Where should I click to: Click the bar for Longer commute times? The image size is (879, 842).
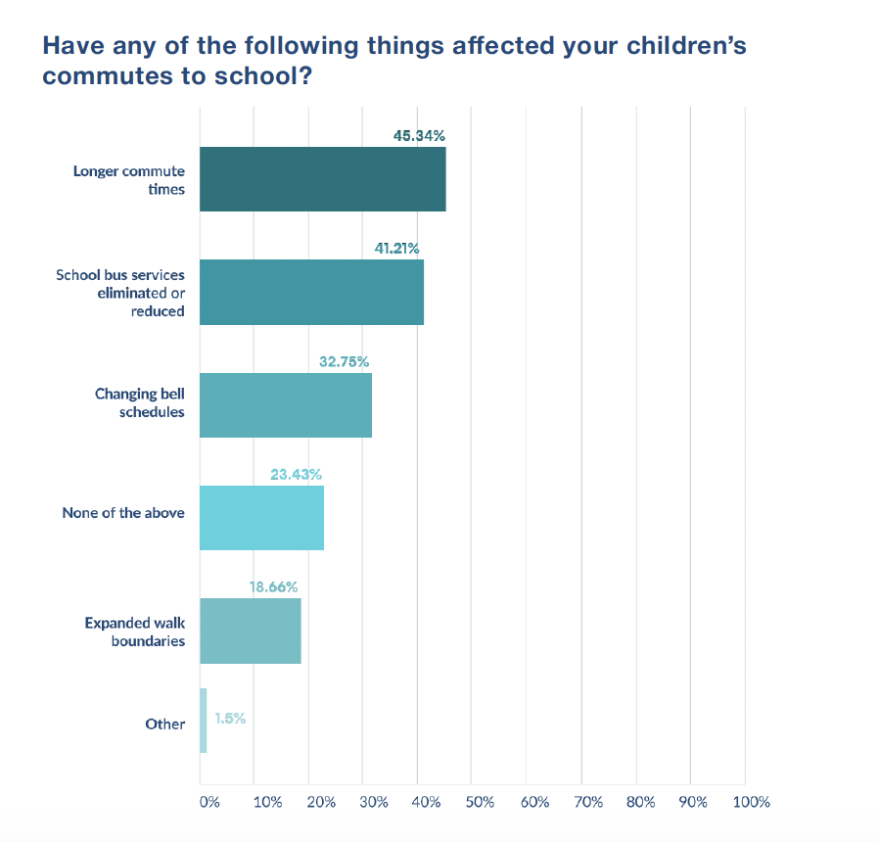click(x=322, y=179)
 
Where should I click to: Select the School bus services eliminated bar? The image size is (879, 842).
click(x=311, y=292)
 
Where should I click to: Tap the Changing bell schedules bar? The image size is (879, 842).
click(x=286, y=405)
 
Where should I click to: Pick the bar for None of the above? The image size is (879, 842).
click(x=261, y=518)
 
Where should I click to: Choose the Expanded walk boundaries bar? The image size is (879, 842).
click(x=250, y=631)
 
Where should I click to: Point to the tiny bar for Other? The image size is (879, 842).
click(x=204, y=721)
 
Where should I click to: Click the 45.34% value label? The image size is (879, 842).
click(x=419, y=135)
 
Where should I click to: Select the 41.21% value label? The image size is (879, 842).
click(x=396, y=249)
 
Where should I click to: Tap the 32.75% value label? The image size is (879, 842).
click(x=344, y=361)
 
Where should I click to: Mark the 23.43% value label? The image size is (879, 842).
click(x=296, y=474)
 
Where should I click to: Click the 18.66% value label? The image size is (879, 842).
click(x=273, y=587)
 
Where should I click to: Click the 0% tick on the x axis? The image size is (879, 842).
click(x=208, y=802)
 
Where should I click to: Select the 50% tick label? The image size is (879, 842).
click(x=480, y=802)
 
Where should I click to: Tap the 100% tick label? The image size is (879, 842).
click(x=751, y=802)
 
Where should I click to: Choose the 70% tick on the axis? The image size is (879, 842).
click(x=588, y=802)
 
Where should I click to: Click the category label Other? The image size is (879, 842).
click(x=164, y=724)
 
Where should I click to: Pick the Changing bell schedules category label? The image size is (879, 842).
click(x=140, y=402)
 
